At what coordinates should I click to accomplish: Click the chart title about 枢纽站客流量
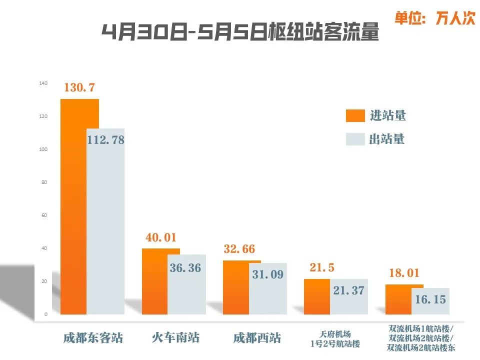[x=240, y=32]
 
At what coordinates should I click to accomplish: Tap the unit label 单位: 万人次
[x=434, y=18]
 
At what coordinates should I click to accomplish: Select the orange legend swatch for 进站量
[x=355, y=116]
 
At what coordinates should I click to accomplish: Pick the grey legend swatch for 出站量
[x=355, y=139]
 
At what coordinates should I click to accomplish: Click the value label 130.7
[x=79, y=87]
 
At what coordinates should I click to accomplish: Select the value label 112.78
[x=105, y=140]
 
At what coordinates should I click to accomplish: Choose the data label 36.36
[x=185, y=268]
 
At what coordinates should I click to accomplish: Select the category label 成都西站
[x=257, y=337]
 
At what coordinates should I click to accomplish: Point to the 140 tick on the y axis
[x=43, y=83]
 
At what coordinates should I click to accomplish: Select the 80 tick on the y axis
[x=44, y=182]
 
